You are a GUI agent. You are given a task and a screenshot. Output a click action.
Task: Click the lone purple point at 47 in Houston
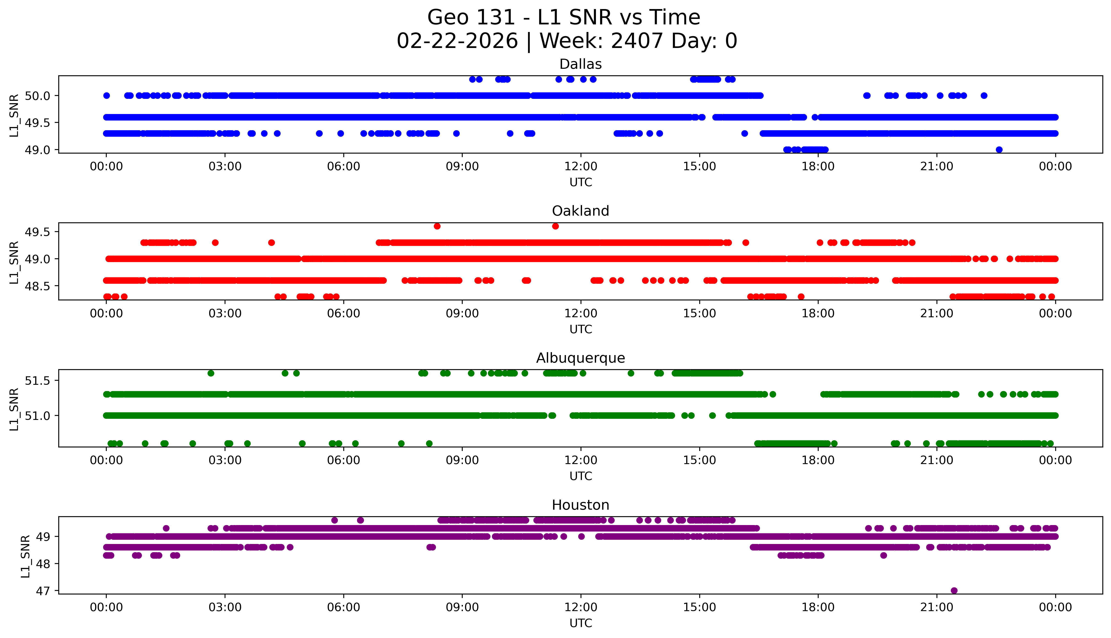coord(954,590)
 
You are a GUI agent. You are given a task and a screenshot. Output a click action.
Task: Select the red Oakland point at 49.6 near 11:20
coord(555,226)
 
